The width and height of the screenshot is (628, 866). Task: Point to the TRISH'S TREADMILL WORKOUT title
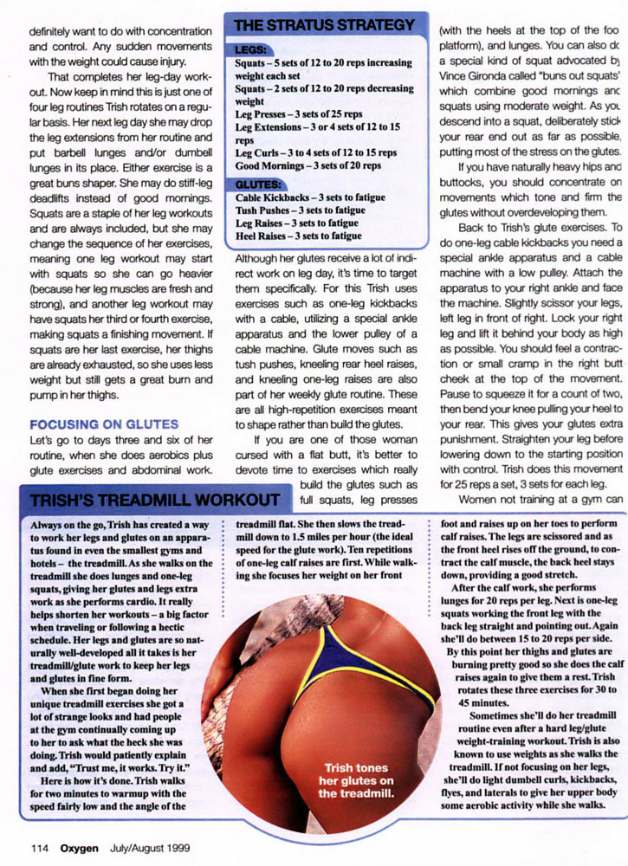(x=156, y=501)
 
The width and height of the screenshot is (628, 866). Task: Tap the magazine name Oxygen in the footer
(x=79, y=847)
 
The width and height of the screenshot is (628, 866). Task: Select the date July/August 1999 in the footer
(x=149, y=847)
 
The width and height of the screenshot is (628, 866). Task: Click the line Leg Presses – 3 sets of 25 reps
(x=299, y=114)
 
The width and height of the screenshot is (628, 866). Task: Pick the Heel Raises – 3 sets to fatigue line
(x=298, y=236)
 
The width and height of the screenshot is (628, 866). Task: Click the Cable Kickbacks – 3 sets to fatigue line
(x=310, y=197)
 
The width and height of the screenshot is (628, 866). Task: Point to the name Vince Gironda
(x=480, y=76)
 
